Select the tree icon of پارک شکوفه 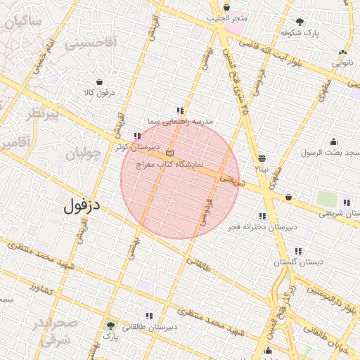pos(300,22)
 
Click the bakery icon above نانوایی pos(342,52)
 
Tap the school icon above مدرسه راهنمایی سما pos(180,110)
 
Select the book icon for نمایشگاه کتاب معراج pos(169,153)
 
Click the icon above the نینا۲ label pos(262,158)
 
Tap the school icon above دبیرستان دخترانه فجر pos(263,216)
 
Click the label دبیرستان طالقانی pos(150,327)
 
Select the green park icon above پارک pos(110,326)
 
